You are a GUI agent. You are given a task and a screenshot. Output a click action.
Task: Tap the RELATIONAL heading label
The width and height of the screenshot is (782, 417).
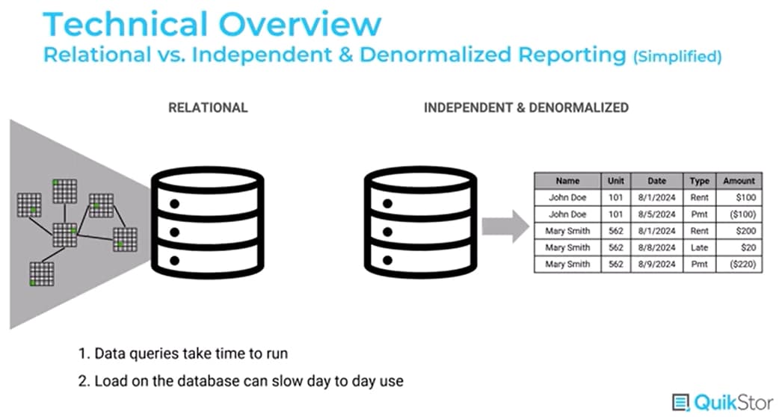pyautogui.click(x=208, y=108)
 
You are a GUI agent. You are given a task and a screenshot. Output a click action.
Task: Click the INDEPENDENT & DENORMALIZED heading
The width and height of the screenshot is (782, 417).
pyautogui.click(x=526, y=108)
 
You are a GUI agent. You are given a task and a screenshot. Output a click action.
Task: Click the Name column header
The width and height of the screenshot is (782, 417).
pyautogui.click(x=568, y=181)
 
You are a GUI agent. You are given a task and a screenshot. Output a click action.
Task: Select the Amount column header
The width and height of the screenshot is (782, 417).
pyautogui.click(x=739, y=181)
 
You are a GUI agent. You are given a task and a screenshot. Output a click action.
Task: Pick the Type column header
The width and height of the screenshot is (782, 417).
pyautogui.click(x=699, y=181)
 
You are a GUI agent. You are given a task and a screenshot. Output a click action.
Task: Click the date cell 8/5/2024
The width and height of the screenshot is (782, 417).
pyautogui.click(x=657, y=214)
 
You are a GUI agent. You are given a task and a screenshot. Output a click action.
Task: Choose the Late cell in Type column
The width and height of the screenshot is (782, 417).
pyautogui.click(x=699, y=247)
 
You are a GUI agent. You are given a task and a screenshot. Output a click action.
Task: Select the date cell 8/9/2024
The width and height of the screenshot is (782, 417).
pyautogui.click(x=657, y=265)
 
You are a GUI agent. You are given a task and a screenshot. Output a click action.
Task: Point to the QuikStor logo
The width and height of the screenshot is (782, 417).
pyautogui.click(x=721, y=401)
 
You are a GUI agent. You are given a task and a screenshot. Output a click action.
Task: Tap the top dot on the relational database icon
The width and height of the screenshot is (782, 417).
pyautogui.click(x=175, y=203)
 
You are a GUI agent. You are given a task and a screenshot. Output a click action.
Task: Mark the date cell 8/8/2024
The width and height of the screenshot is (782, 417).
pyautogui.click(x=657, y=247)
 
